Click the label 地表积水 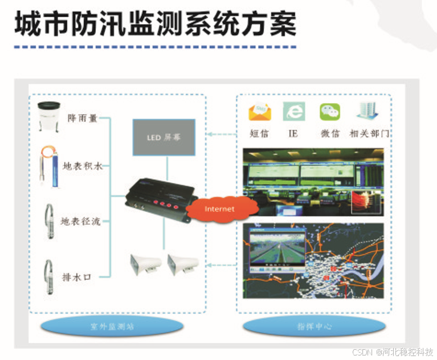point(82,166)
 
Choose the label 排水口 point(77,277)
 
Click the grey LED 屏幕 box point(164,137)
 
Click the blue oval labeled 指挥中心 point(313,327)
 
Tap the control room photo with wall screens point(314,182)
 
